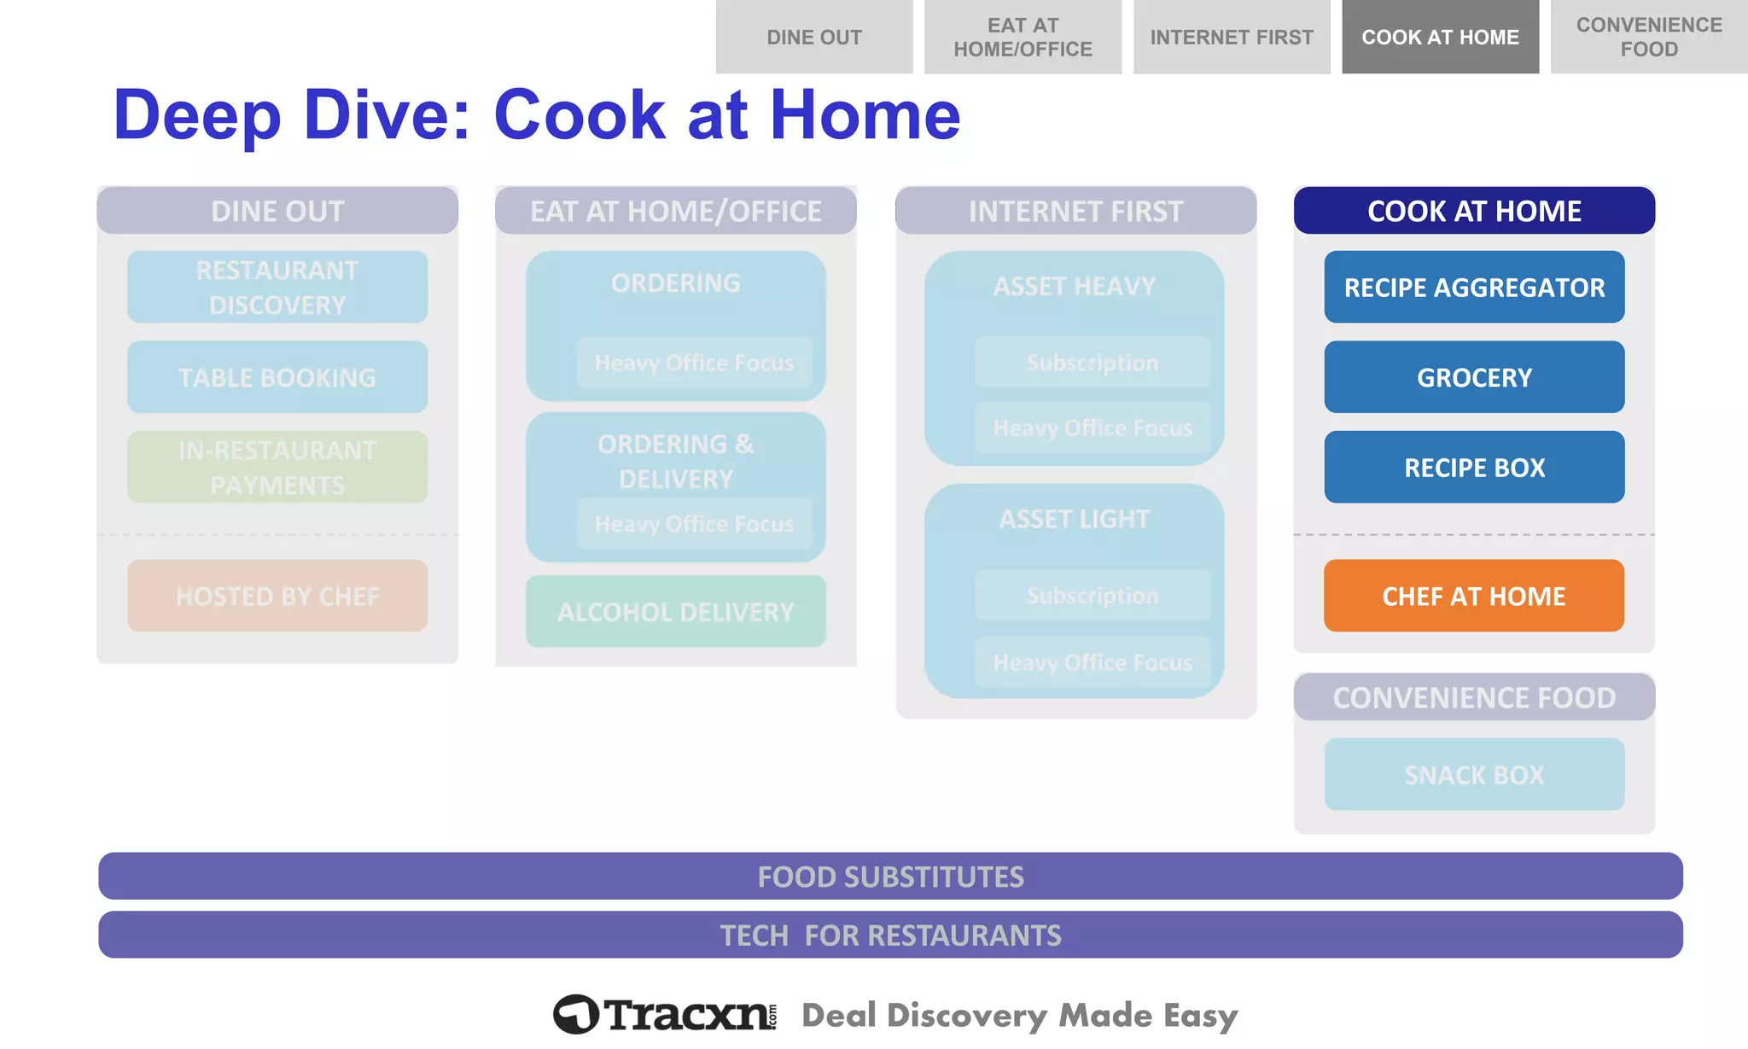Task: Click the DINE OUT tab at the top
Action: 814,37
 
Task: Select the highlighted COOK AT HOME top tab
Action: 1440,37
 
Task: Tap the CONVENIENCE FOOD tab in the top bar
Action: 1648,37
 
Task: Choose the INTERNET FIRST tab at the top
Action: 1231,37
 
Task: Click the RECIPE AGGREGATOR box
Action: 1474,287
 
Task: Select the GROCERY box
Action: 1474,376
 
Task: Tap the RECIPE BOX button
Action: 1474,467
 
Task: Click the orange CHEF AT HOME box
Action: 1474,596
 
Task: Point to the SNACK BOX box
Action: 1474,774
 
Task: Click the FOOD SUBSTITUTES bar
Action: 890,876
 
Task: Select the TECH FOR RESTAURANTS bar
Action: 890,935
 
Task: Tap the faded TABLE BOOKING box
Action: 277,376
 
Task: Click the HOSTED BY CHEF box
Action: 277,596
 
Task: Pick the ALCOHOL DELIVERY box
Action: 675,611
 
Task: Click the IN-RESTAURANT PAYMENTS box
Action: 277,467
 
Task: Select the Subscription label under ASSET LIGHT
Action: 1092,595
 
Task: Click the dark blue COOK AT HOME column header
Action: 1474,210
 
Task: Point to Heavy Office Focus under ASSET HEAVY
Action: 1092,427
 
